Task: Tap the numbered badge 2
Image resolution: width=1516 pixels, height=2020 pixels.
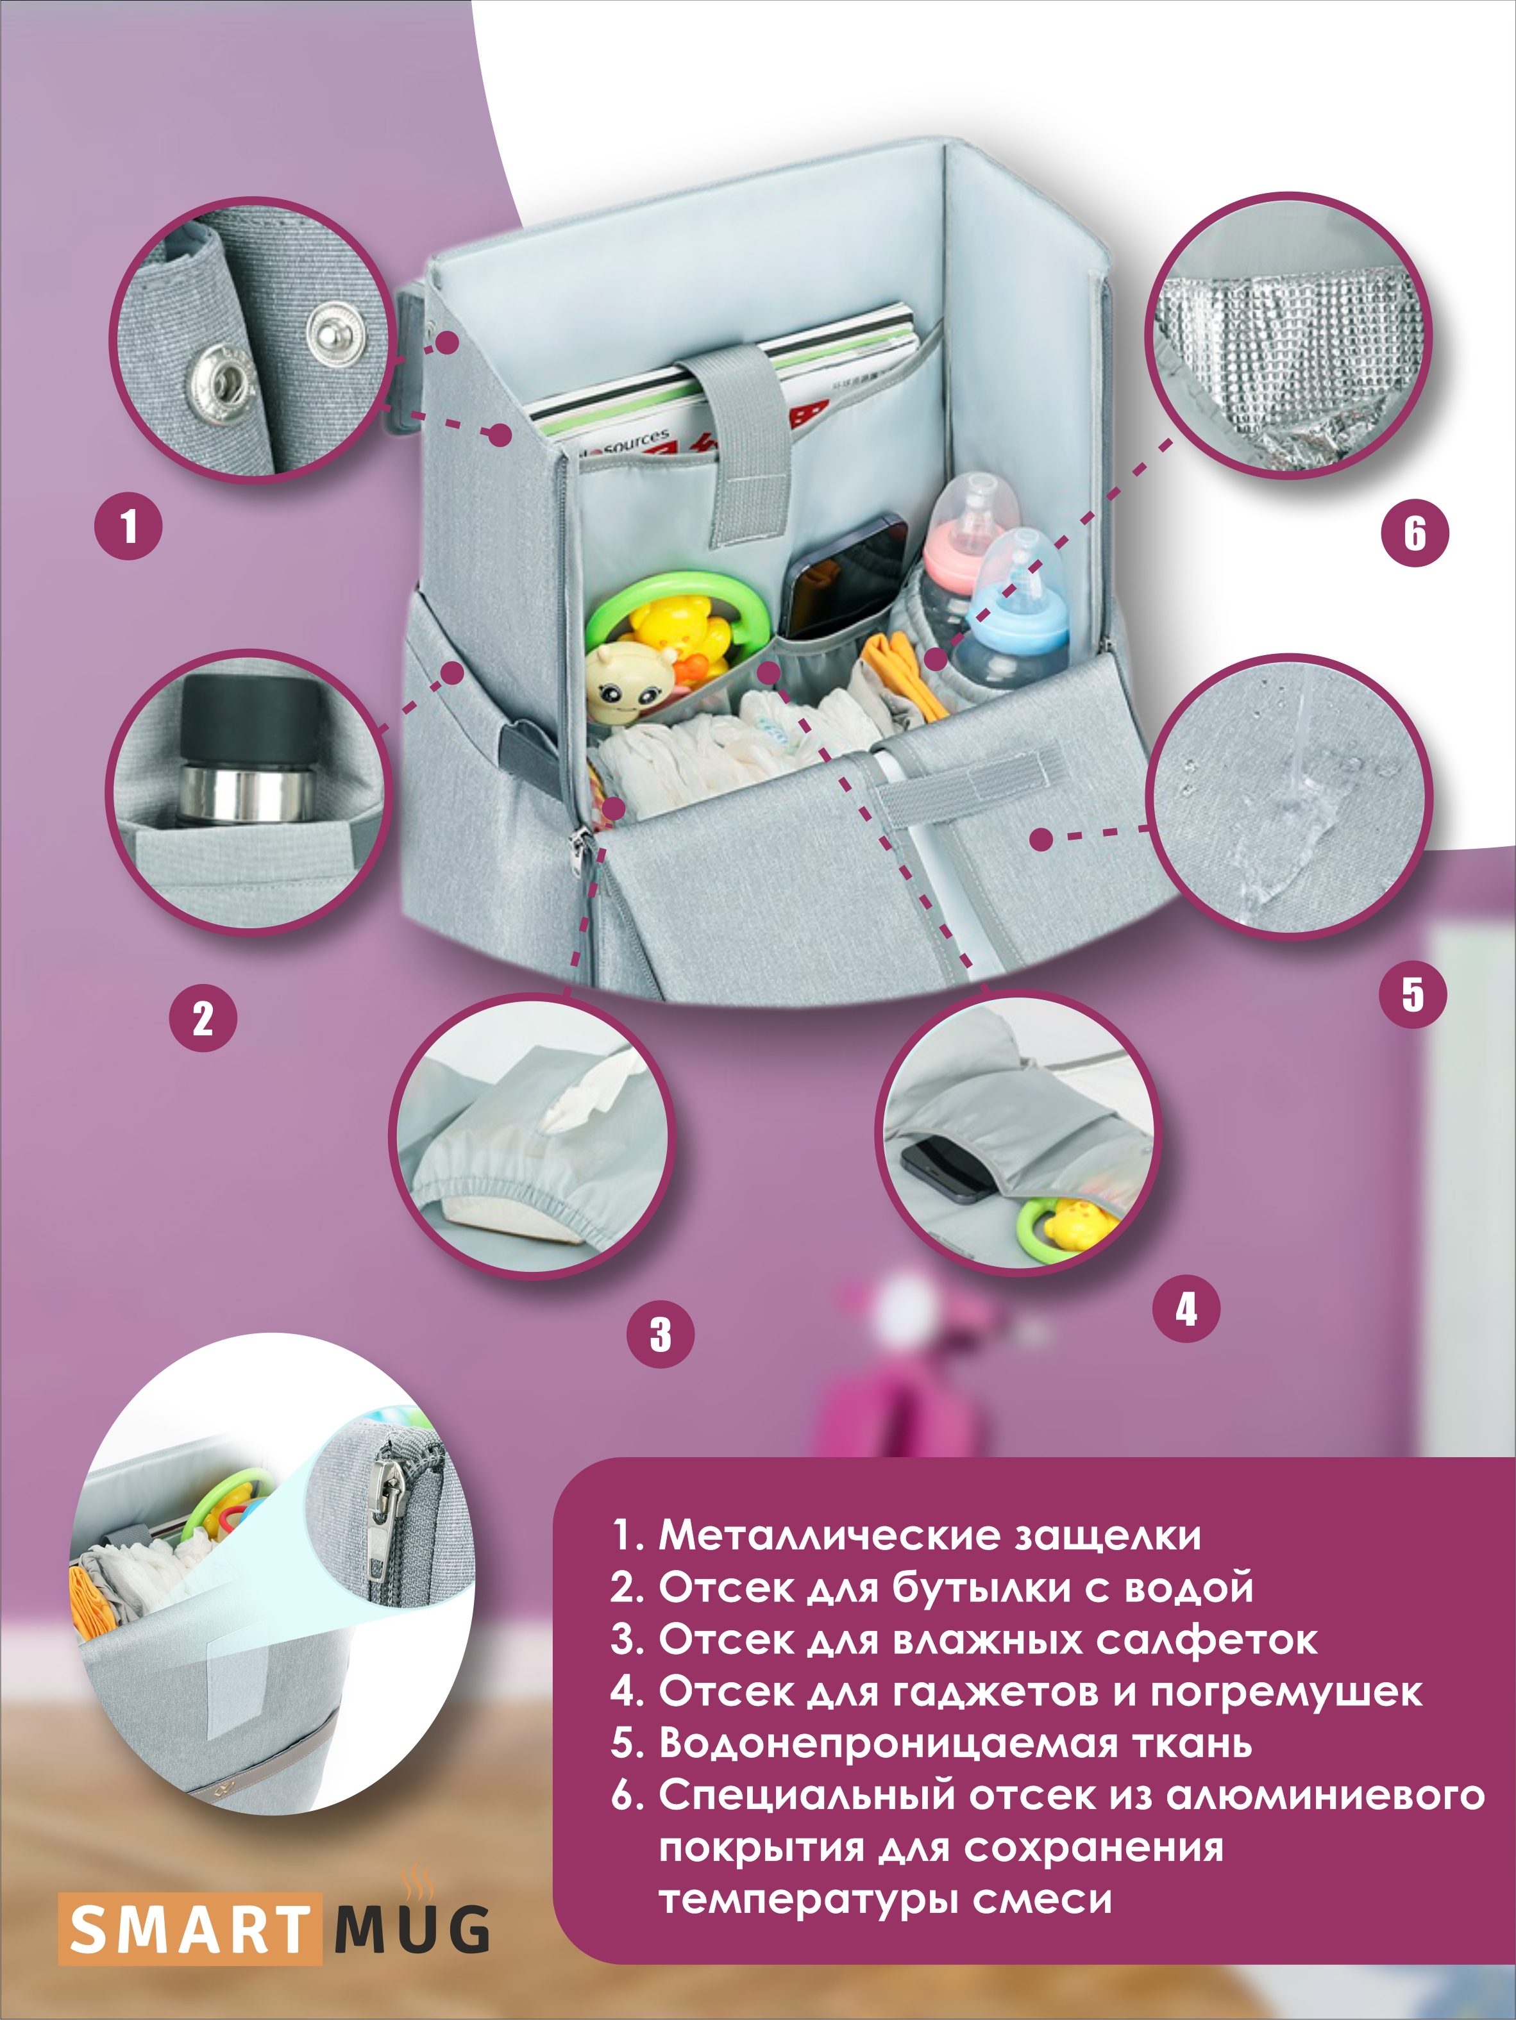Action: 203,1018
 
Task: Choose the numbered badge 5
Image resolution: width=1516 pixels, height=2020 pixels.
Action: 1413,994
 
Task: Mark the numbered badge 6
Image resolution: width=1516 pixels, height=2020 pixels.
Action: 1415,533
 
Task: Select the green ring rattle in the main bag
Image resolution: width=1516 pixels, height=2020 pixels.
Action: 676,621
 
